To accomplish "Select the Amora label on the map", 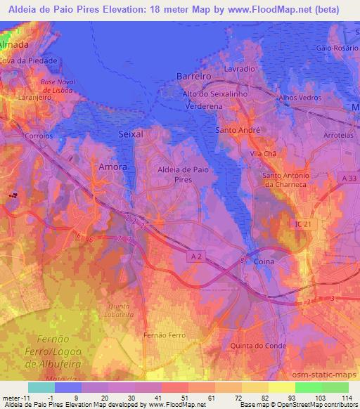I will click(113, 167).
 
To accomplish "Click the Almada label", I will click(14, 44).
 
